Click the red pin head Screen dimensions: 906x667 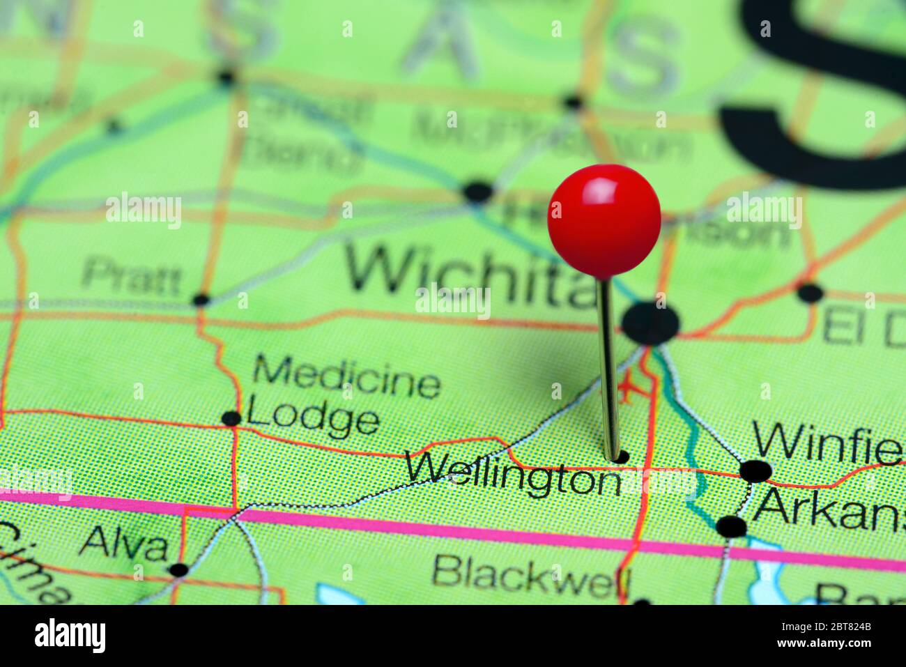tap(604, 219)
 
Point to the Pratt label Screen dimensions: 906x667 tap(130, 277)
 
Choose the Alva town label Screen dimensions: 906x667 tap(125, 544)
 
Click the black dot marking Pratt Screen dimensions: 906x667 tap(201, 300)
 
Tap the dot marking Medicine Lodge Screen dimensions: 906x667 tap(231, 418)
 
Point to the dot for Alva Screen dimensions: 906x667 tap(179, 569)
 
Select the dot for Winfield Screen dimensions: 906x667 tap(755, 471)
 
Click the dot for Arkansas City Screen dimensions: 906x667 tap(731, 526)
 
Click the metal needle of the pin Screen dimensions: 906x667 tap(608, 369)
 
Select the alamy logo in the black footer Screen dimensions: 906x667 tap(70, 636)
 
